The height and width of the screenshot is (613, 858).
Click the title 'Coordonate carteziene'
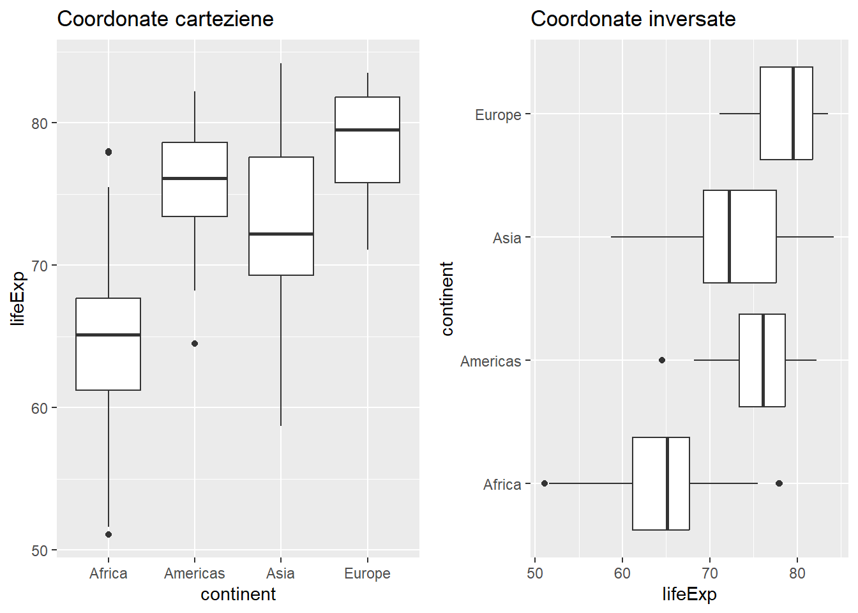pos(165,19)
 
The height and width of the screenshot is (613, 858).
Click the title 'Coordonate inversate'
pos(633,19)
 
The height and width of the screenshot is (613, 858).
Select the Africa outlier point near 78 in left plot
pos(109,152)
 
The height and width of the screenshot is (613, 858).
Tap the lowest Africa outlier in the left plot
pos(109,534)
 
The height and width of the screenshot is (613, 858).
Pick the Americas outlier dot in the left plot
pos(195,344)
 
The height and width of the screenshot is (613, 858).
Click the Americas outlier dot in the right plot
pos(662,360)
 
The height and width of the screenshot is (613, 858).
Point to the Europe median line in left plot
pos(367,130)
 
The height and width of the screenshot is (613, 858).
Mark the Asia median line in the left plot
pos(281,234)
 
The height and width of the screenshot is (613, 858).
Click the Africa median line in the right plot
pos(667,483)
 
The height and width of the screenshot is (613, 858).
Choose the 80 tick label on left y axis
pos(40,123)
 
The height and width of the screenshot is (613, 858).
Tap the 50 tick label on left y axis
pos(40,550)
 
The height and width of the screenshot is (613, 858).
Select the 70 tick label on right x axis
pos(709,573)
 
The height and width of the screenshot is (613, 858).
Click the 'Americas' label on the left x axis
pos(195,573)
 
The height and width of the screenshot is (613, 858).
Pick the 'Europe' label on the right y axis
pos(498,115)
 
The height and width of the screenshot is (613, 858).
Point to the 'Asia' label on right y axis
pos(507,238)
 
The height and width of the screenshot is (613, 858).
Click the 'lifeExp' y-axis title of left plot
pos(18,298)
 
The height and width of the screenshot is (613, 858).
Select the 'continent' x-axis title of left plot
pos(238,594)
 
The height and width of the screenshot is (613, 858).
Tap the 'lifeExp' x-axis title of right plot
pos(689,594)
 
